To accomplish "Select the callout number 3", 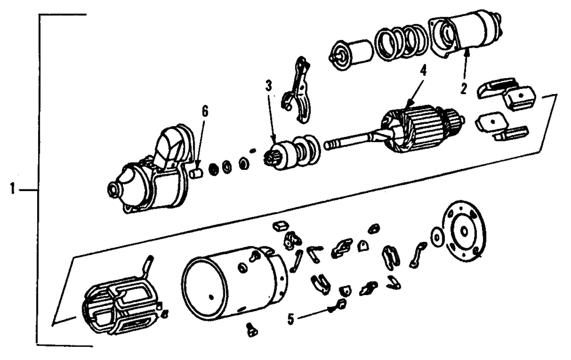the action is tap(268, 87).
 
